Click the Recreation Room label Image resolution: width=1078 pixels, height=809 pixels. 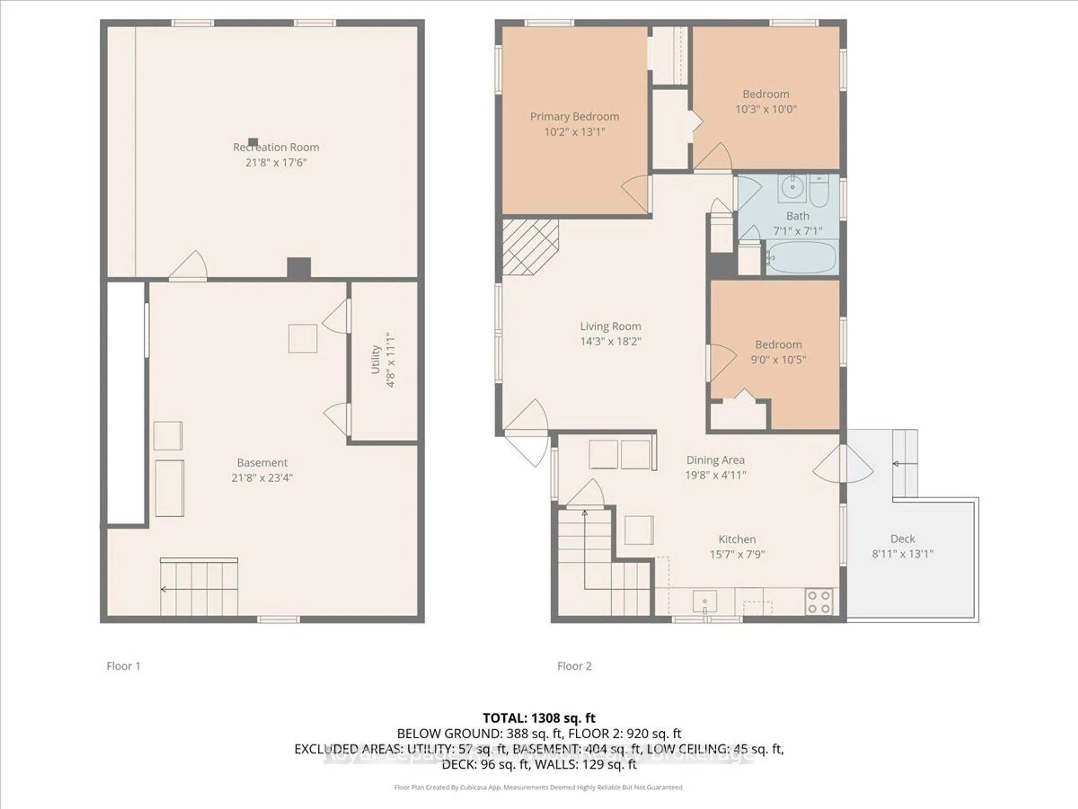[x=276, y=147]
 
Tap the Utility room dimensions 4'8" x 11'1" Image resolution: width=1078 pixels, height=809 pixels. [x=390, y=360]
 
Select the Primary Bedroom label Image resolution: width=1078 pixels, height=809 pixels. [x=575, y=117]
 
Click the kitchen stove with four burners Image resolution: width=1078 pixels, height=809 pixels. [x=819, y=602]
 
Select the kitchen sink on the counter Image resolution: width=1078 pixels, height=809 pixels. [x=705, y=601]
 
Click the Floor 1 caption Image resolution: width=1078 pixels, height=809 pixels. [x=123, y=666]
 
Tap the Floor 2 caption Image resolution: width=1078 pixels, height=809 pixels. [x=574, y=666]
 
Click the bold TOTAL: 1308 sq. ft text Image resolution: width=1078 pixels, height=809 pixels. [x=539, y=718]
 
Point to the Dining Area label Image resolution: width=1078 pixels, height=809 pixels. [x=715, y=460]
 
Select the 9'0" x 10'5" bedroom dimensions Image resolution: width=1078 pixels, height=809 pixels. [x=778, y=360]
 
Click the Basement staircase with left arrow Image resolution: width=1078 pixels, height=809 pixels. [x=199, y=588]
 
